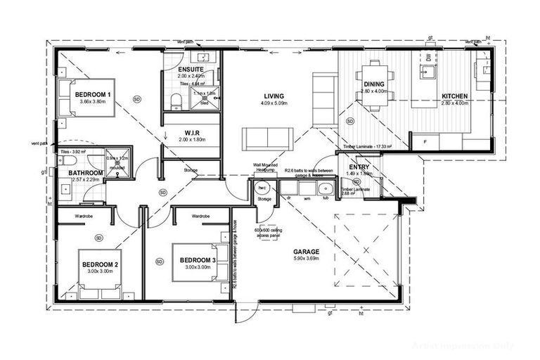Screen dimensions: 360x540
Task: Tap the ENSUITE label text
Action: pos(191,70)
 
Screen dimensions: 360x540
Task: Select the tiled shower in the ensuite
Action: pos(205,98)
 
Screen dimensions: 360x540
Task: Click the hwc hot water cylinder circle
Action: pos(263,188)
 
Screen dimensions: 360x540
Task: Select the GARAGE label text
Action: pos(306,251)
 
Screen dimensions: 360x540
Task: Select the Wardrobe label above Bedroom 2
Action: pos(84,215)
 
